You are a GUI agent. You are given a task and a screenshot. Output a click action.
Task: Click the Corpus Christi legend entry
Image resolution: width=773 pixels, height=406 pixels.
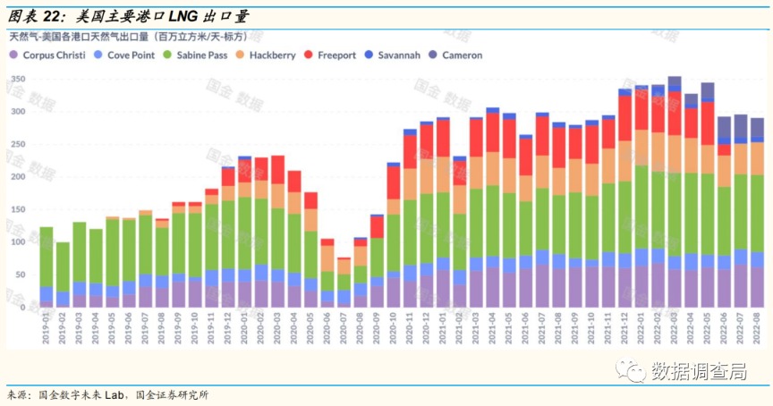(53, 55)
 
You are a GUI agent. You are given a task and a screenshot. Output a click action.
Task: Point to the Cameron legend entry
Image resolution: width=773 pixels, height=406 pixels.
(461, 55)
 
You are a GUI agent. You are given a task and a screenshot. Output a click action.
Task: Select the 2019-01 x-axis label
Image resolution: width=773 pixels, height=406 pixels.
(46, 326)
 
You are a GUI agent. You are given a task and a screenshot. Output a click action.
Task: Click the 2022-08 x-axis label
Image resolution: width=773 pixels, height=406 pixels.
(757, 326)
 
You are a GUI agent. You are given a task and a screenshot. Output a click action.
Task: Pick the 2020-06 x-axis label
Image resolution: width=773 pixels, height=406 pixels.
(327, 326)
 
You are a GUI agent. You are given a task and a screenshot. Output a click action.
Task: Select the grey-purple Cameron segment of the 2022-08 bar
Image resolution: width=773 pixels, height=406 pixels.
(757, 128)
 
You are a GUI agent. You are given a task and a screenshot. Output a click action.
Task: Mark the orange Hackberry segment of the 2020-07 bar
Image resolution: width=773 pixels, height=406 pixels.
(344, 266)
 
